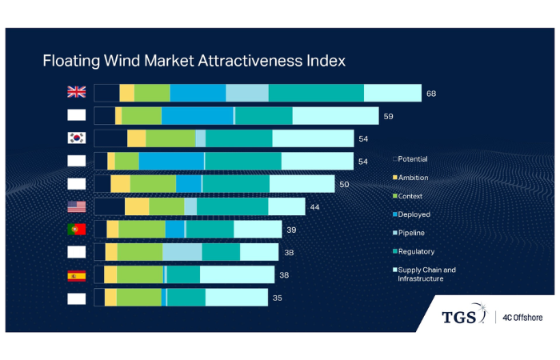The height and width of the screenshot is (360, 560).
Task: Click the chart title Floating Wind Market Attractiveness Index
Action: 193,60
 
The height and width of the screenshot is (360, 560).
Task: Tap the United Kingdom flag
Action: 77,93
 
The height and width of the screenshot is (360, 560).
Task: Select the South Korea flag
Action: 77,138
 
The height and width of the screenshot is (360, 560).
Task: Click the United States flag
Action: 77,207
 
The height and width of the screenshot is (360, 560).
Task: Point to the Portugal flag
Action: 77,230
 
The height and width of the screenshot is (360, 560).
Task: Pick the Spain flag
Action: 77,276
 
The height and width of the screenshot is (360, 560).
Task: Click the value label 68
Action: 431,94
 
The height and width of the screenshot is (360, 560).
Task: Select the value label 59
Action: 388,116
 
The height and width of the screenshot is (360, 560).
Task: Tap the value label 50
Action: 344,184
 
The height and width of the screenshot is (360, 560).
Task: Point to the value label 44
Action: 315,207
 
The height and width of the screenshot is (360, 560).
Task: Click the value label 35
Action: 278,298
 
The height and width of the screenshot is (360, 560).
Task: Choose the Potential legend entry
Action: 411,158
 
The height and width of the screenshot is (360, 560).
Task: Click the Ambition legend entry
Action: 411,177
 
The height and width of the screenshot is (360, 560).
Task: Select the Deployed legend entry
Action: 411,214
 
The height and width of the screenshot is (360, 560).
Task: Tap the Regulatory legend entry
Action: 413,251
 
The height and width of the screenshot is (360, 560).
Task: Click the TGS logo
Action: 463,317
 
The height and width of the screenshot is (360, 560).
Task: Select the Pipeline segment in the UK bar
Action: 246,93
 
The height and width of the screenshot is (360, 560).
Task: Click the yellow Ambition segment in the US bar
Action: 137,207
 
